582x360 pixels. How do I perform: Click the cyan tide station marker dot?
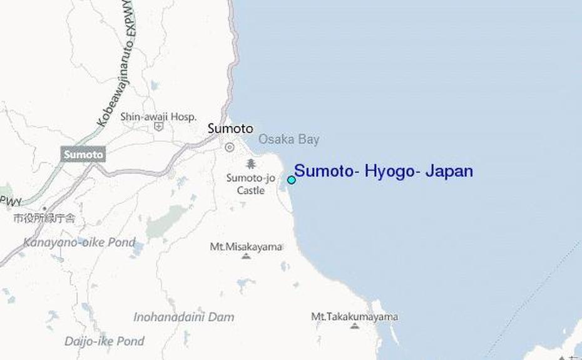pos(291,180)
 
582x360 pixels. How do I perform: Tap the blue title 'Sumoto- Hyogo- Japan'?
pos(383,171)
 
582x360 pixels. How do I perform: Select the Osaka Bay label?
pos(288,140)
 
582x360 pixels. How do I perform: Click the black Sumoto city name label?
pos(230,128)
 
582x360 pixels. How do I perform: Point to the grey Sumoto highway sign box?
pos(83,154)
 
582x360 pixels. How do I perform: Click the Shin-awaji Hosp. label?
pos(158,116)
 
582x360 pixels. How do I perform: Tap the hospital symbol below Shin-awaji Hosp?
pos(159,127)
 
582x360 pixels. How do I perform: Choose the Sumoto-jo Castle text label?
pos(250,184)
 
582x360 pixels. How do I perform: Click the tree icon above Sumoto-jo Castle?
pos(251,164)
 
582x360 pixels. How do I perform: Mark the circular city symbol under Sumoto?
pos(230,147)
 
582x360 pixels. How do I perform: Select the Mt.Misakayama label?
pos(246,246)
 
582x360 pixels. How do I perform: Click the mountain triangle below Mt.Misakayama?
pos(246,256)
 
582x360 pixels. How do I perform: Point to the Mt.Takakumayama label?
pos(354,317)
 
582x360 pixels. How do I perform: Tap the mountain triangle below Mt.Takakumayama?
pos(355,326)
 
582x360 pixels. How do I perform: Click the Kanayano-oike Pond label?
pos(79,242)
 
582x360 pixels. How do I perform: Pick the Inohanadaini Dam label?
pos(184,317)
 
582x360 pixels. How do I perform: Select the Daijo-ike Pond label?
pos(105,341)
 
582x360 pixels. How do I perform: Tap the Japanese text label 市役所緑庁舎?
pos(44,219)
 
